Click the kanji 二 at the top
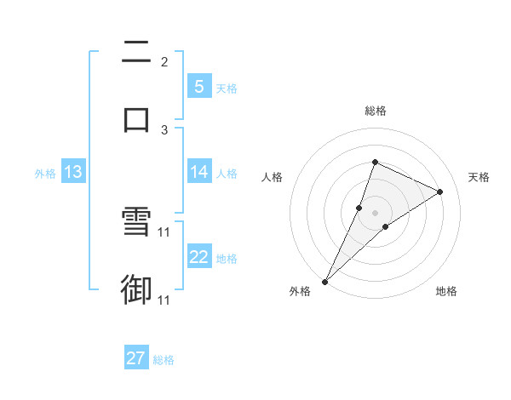[136, 53]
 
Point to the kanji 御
[136, 289]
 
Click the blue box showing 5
[198, 87]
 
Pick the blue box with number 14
[198, 172]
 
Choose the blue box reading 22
[198, 257]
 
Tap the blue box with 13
[73, 172]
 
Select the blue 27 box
[136, 358]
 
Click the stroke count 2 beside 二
[164, 62]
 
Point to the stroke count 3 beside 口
[164, 130]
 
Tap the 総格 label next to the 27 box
[164, 360]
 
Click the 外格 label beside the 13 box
[45, 173]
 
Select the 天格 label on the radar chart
[479, 177]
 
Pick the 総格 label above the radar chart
[375, 111]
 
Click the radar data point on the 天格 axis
[440, 191]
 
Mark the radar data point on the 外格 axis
[325, 281]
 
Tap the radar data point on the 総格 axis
[375, 162]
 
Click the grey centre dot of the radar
[375, 213]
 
